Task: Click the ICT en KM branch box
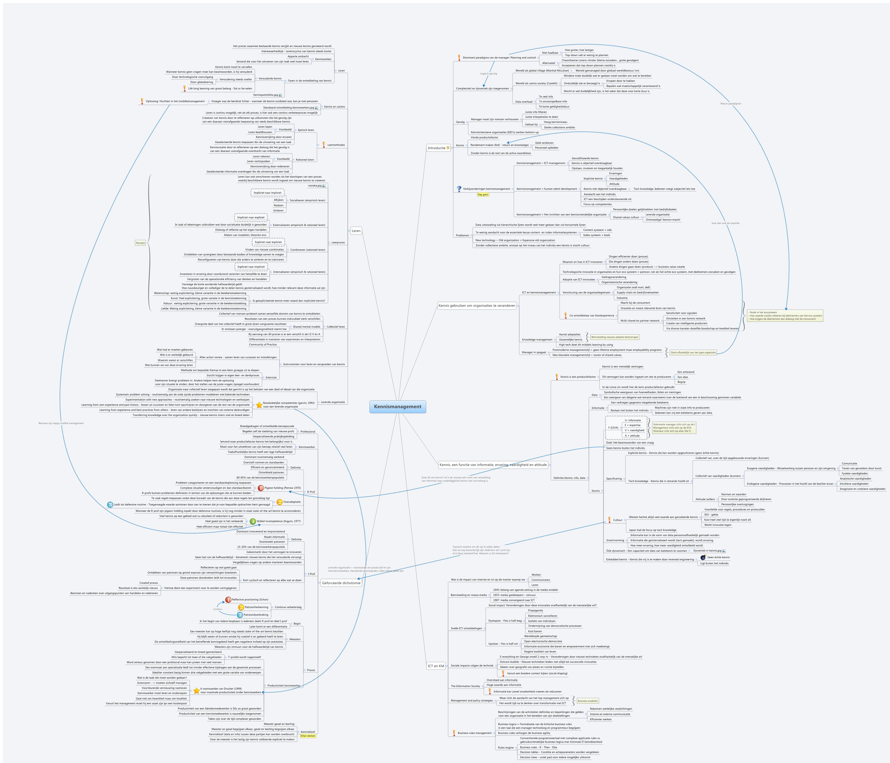[436, 666]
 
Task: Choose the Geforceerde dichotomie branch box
[341, 583]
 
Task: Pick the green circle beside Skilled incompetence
[253, 521]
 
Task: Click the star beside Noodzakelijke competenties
[259, 405]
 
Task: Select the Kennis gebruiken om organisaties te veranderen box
[476, 306]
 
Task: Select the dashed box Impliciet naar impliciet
[267, 192]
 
